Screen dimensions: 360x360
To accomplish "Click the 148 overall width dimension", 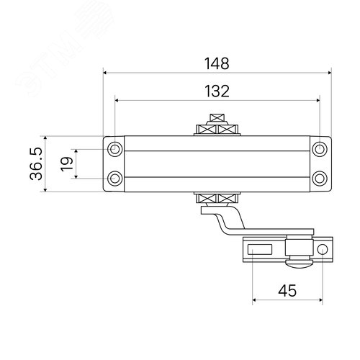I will pyautogui.click(x=217, y=63).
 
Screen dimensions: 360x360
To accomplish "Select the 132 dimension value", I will pyautogui.click(x=217, y=91).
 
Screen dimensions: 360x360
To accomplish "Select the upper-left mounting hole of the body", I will pyautogui.click(x=115, y=149).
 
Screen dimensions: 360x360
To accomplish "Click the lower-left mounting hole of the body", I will pyautogui.click(x=115, y=177).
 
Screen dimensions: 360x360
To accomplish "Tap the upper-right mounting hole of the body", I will pyautogui.click(x=319, y=149).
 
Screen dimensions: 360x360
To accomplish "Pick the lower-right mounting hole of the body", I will pyautogui.click(x=319, y=177).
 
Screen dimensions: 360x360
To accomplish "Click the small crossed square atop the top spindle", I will pyautogui.click(x=217, y=117).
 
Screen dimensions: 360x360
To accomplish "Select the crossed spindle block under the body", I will pyautogui.click(x=217, y=199).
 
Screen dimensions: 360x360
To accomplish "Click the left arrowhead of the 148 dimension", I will pyautogui.click(x=107, y=72).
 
